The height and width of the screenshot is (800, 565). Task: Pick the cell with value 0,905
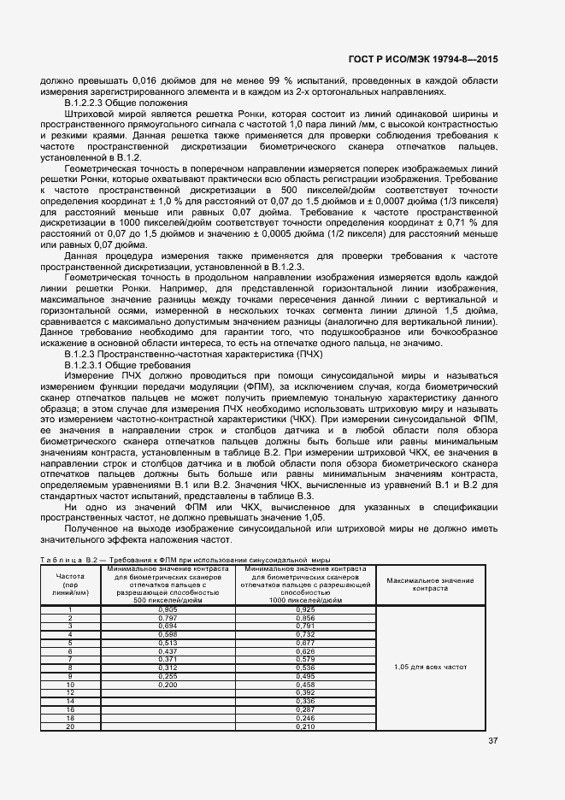(x=168, y=609)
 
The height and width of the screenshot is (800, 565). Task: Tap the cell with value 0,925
(x=304, y=609)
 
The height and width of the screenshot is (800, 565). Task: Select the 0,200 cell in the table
(x=168, y=685)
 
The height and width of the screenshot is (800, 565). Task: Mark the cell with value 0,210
(x=304, y=726)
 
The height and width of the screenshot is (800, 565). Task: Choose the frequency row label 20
(x=69, y=726)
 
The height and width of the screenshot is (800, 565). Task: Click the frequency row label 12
(x=69, y=692)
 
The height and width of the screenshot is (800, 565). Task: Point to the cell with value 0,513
(x=168, y=643)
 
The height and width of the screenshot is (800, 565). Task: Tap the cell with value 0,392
(x=304, y=692)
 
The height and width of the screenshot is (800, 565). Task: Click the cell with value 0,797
(x=168, y=618)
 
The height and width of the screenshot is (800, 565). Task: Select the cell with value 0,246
(x=304, y=718)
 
